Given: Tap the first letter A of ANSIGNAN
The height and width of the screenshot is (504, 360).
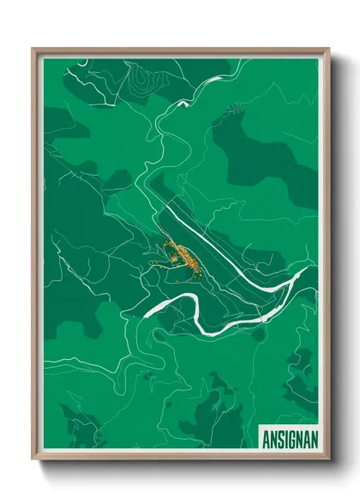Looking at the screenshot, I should (x=265, y=436).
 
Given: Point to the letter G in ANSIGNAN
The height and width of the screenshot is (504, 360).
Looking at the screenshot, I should (x=291, y=436).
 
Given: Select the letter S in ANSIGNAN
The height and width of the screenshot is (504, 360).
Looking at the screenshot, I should (x=278, y=436).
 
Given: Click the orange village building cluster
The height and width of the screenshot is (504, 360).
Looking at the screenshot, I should (x=181, y=256).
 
